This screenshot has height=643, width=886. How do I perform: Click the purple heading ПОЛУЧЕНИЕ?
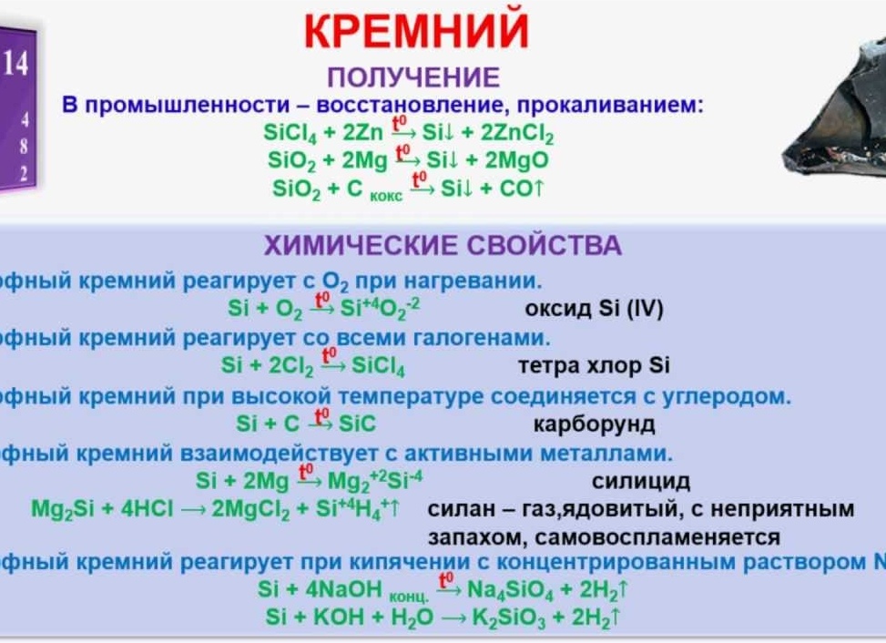[x=413, y=77]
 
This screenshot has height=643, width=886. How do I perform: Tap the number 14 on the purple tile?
[x=16, y=64]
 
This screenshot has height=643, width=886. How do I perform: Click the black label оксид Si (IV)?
[x=595, y=309]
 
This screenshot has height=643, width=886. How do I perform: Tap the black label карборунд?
[x=594, y=424]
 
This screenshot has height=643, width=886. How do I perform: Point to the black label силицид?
[x=641, y=481]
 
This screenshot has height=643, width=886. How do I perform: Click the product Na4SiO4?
[x=504, y=589]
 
